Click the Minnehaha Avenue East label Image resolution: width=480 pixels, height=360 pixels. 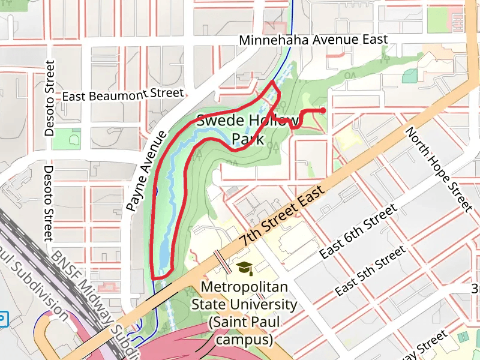313,40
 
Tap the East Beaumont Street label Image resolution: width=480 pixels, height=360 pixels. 122,95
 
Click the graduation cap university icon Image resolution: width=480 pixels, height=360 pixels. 244,268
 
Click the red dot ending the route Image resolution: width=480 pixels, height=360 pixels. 323,110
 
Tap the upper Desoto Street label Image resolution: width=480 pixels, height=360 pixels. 50,97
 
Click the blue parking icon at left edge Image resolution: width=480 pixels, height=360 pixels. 3,319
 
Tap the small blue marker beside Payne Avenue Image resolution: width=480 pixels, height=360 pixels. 155,191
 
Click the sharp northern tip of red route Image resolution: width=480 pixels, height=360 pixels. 274,81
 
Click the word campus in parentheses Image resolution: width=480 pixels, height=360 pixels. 244,340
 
